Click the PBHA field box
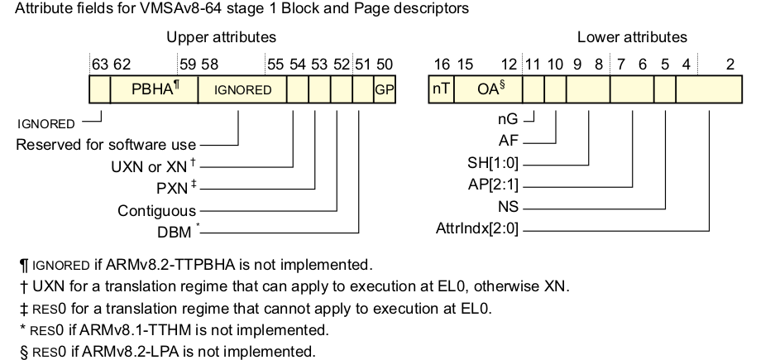pyautogui.click(x=154, y=89)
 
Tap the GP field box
pyautogui.click(x=384, y=89)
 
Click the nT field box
pyautogui.click(x=441, y=89)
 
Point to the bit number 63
pyautogui.click(x=99, y=64)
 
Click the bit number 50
pyautogui.click(x=385, y=64)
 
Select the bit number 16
pyautogui.click(x=442, y=64)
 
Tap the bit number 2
pyautogui.click(x=730, y=64)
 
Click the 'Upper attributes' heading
pyautogui.click(x=221, y=37)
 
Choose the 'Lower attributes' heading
pyautogui.click(x=632, y=37)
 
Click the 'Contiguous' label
pyautogui.click(x=156, y=210)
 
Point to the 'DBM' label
pyautogui.click(x=175, y=231)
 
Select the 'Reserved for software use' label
pyautogui.click(x=106, y=146)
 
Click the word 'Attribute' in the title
pyautogui.click(x=44, y=9)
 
